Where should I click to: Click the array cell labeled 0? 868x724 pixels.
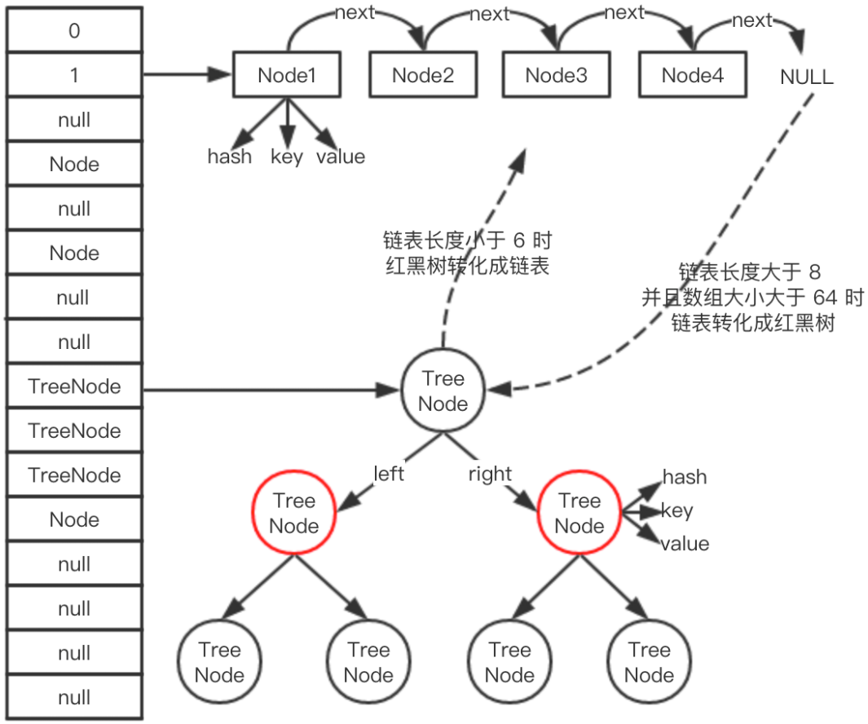pos(74,31)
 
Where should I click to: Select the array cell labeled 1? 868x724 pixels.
pos(74,76)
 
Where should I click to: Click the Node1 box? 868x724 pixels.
pos(286,76)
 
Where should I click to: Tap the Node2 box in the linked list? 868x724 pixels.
pos(422,76)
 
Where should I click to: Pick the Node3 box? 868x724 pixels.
pos(556,76)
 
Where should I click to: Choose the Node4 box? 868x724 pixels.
pos(692,76)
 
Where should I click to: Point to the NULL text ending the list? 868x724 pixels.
pos(806,77)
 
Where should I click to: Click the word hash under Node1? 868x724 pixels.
pos(230,157)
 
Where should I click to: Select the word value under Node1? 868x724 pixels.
pos(340,157)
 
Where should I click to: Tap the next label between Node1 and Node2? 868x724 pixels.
pos(355,14)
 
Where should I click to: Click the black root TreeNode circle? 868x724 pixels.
pos(443,391)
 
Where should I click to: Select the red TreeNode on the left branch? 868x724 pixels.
pos(293,514)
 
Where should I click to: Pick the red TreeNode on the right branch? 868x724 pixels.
pos(579,514)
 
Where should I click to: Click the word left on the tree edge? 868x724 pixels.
pos(389,474)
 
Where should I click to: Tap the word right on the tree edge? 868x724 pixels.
pos(490,474)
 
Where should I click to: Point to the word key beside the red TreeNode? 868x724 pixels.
pos(676,510)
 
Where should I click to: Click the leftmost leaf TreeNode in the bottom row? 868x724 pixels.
pos(219,663)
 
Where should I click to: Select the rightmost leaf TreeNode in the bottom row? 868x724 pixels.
pos(649,663)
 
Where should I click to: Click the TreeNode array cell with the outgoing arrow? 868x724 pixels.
pos(74,386)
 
